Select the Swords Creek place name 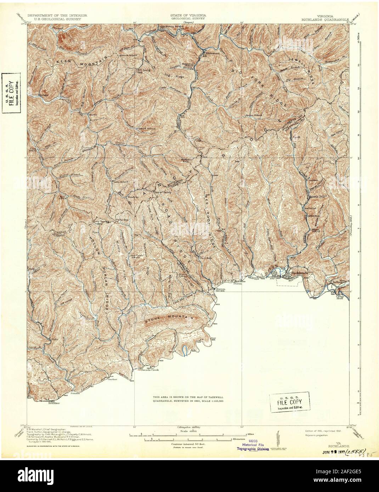pos(150,370)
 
